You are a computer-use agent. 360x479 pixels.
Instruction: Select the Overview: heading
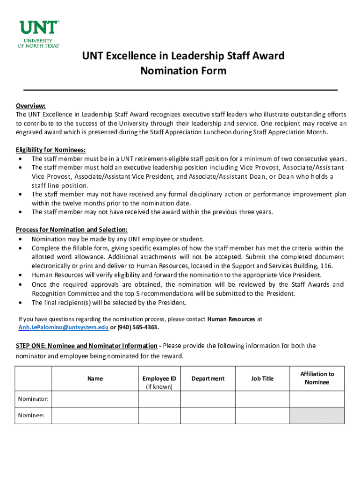click(x=30, y=106)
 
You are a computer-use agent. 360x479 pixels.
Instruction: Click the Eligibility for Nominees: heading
click(x=50, y=150)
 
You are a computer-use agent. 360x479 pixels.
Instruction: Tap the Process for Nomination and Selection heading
click(x=72, y=230)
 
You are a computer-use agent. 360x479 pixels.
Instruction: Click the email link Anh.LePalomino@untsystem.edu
click(x=63, y=327)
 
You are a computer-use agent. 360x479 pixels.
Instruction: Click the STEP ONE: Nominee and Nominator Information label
click(x=86, y=346)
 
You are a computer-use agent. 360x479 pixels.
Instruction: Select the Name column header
click(x=95, y=378)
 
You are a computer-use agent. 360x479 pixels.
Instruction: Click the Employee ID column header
click(x=159, y=378)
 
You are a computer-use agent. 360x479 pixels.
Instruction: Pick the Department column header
click(x=208, y=378)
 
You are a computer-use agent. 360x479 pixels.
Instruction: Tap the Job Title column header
click(x=262, y=378)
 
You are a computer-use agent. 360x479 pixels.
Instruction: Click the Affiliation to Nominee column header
click(x=317, y=378)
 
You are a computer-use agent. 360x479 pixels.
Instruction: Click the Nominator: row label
click(x=33, y=399)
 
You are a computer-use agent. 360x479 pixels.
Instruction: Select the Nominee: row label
click(x=31, y=415)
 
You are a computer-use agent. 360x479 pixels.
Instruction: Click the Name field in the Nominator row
click(x=95, y=399)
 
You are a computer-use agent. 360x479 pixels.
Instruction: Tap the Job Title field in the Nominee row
click(x=262, y=415)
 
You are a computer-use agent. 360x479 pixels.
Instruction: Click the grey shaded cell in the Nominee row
click(x=317, y=415)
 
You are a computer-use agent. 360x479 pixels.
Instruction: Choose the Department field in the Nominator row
click(x=208, y=399)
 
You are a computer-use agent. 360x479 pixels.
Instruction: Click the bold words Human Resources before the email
click(x=231, y=319)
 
